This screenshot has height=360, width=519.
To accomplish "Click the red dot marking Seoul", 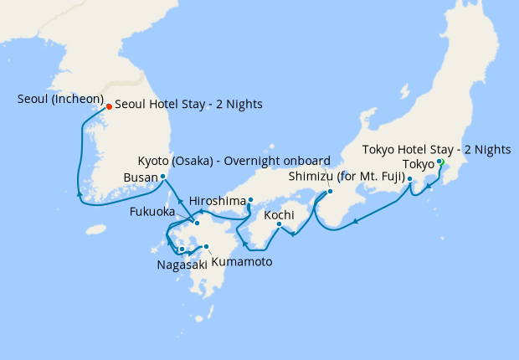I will coord(109,106).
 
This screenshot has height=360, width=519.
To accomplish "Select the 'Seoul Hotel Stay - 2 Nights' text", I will coord(188,105).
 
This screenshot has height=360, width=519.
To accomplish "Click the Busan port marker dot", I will coord(162,177).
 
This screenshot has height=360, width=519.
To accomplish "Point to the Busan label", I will coord(139,177).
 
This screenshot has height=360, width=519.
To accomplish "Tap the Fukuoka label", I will coord(152,213).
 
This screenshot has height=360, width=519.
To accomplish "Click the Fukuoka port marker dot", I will coord(197,223).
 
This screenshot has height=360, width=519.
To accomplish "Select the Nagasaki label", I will coord(177,265).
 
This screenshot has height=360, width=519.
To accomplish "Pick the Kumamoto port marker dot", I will coord(206,247).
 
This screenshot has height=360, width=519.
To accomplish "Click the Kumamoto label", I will coord(241,262).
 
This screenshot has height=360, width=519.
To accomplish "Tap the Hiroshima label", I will coord(218,201).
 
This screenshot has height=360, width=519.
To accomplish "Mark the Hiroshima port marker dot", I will coord(250,199).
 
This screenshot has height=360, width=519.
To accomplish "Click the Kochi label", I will coord(279,216).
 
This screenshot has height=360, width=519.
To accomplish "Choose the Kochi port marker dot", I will coord(279,224).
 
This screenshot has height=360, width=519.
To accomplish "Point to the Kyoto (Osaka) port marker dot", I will coord(329,191).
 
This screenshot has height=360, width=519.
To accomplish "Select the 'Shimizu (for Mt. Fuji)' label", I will coord(347,177).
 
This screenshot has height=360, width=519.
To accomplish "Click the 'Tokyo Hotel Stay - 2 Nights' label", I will coord(436,150).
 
